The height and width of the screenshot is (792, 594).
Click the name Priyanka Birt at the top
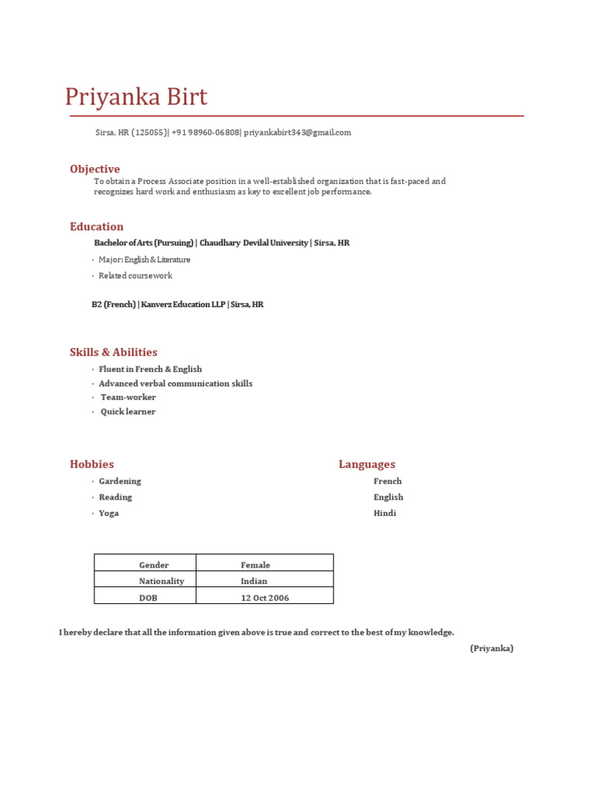(136, 98)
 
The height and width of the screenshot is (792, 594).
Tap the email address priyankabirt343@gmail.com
(297, 132)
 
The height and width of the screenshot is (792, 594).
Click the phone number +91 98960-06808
(205, 132)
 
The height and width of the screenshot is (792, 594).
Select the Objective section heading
(94, 169)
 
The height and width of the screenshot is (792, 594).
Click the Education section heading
(97, 227)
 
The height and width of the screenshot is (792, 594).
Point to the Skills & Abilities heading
(114, 352)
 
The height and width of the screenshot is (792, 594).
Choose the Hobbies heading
(92, 464)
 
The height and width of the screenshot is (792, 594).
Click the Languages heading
(367, 464)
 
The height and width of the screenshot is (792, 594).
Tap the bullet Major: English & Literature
(144, 260)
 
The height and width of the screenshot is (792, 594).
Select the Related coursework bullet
(135, 275)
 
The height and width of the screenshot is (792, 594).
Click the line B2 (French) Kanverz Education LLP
(177, 305)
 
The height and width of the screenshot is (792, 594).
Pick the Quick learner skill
(128, 411)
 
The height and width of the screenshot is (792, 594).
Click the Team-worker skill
(128, 398)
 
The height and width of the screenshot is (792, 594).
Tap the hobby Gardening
(120, 481)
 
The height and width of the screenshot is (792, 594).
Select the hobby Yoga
(109, 514)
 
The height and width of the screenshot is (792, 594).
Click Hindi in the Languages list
(384, 514)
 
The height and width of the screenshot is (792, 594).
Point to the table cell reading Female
(255, 565)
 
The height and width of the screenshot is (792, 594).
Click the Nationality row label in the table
(162, 581)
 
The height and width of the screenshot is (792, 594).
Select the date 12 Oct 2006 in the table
(265, 598)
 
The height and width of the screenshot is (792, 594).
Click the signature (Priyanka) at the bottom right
(491, 648)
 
